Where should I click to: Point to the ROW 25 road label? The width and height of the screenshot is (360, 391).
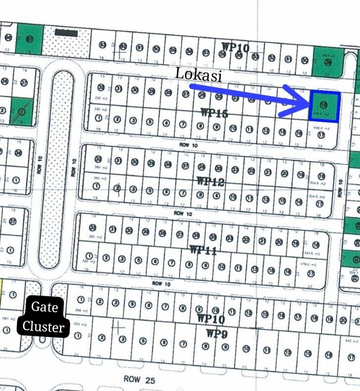click(x=139, y=379)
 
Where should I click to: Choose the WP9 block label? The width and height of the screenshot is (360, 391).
click(x=217, y=333)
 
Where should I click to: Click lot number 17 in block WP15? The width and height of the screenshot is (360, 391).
click(x=321, y=135)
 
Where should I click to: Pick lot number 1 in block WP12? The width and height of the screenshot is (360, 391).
click(x=96, y=186)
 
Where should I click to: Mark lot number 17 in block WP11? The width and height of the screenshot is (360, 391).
click(x=311, y=274)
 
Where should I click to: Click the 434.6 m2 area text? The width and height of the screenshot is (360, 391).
click(x=322, y=128)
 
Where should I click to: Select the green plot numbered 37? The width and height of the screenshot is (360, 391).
click(x=30, y=39)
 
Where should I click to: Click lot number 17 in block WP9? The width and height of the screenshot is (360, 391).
click(x=351, y=358)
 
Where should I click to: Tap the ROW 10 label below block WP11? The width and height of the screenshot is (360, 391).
click(x=161, y=284)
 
